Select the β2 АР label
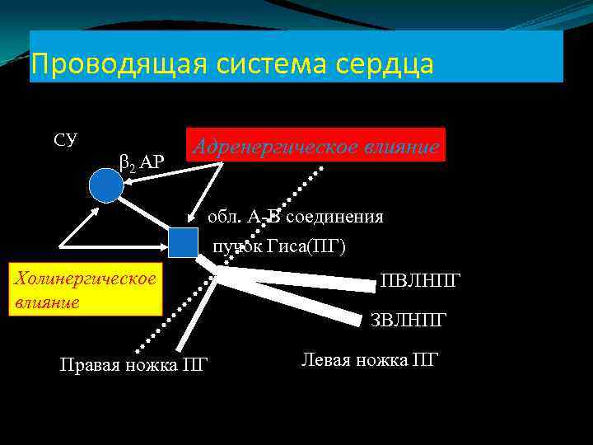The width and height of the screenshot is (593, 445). tap(142, 162)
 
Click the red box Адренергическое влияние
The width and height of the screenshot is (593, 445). tap(316, 145)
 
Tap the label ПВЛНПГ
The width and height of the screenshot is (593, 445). tap(421, 282)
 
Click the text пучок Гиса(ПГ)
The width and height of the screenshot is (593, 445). tap(279, 245)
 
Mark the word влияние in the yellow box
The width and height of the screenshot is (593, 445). tap(47, 301)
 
